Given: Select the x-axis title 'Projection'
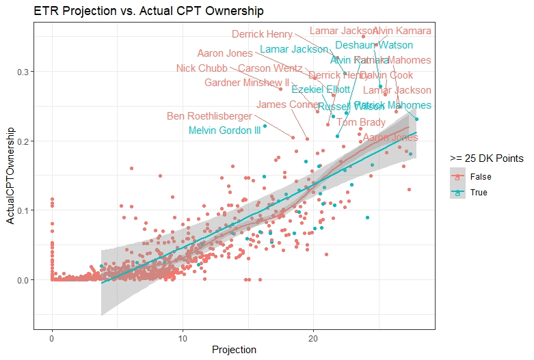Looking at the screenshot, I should point(234,350).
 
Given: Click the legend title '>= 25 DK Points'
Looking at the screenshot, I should point(486,158).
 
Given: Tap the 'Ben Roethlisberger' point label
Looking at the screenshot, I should point(209,117).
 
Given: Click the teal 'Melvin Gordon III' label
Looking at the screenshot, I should point(224,130).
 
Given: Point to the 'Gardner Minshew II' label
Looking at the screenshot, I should point(247,83).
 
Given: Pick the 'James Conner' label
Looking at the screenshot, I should point(287,105).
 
